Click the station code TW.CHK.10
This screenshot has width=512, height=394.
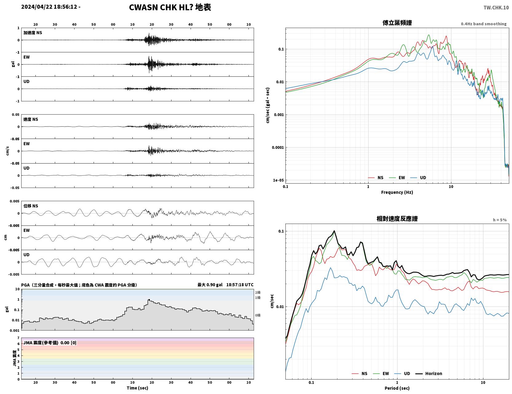click(x=496, y=7)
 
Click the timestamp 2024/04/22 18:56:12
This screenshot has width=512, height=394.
click(x=49, y=7)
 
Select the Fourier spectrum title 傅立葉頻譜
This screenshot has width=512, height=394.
click(x=397, y=23)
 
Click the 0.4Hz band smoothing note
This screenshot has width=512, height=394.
click(x=483, y=24)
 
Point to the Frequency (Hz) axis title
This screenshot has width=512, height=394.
click(x=397, y=192)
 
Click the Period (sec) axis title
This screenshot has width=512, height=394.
click(x=397, y=388)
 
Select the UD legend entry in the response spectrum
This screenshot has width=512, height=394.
click(x=402, y=373)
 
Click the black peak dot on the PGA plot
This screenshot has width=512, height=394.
click(x=149, y=300)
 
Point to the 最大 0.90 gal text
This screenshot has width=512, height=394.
click(x=210, y=285)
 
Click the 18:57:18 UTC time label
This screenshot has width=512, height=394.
click(x=240, y=285)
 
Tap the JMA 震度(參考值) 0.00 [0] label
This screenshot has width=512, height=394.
click(x=50, y=343)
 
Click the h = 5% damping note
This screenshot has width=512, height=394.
click(x=499, y=220)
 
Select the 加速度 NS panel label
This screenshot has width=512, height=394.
click(x=33, y=33)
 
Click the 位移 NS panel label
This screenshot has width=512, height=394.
click(x=30, y=206)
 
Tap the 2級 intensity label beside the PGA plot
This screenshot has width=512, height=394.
click(x=258, y=292)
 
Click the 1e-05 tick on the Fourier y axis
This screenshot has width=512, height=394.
click(x=278, y=180)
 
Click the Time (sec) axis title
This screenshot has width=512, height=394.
click(x=137, y=388)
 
